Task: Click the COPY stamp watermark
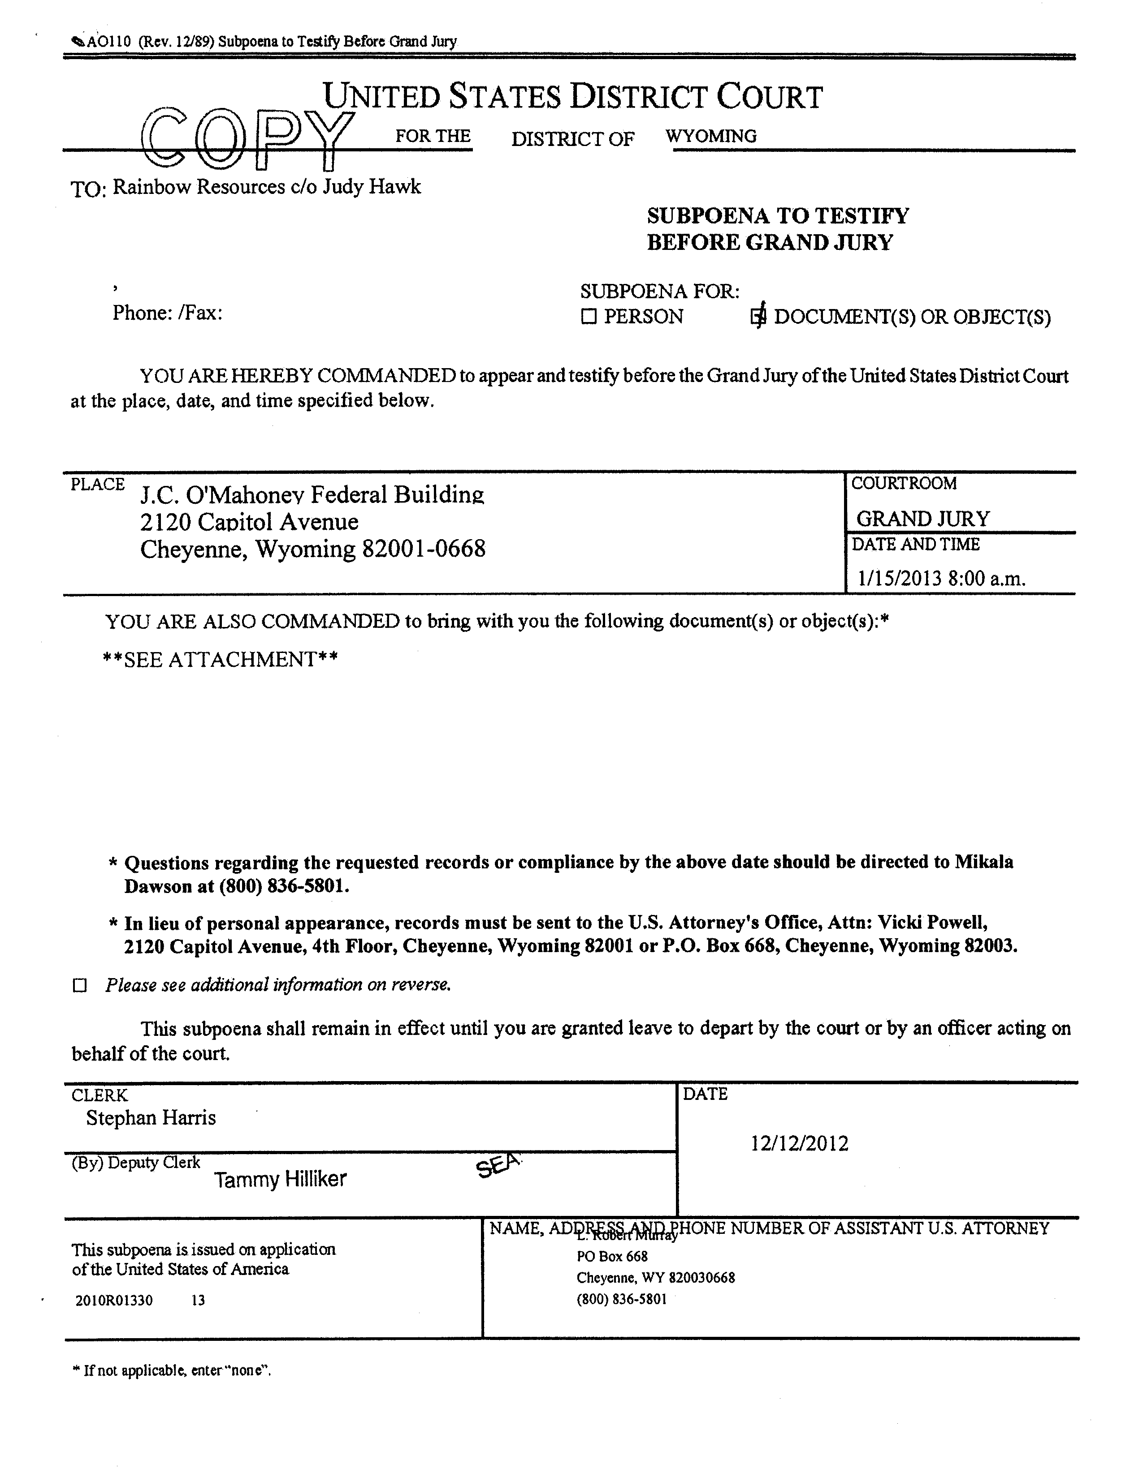pos(247,139)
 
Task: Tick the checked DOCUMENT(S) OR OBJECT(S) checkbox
pos(758,317)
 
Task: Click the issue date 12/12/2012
pos(799,1144)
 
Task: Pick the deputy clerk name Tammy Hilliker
pos(280,1180)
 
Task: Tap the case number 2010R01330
pos(114,1300)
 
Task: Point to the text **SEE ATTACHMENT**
pos(220,659)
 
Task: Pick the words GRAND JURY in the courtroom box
pos(922,519)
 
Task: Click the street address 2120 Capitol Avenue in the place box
pos(249,521)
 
